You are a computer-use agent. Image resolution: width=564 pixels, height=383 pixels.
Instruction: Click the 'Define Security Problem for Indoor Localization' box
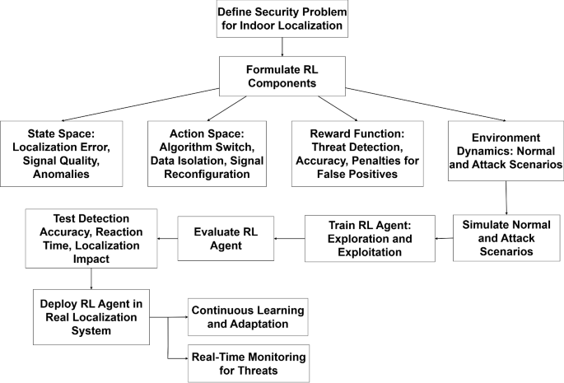pyautogui.click(x=282, y=20)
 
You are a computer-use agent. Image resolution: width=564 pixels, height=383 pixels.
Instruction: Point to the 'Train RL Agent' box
pyautogui.click(x=371, y=237)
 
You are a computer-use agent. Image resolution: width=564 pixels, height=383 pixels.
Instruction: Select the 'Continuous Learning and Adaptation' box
pyautogui.click(x=247, y=318)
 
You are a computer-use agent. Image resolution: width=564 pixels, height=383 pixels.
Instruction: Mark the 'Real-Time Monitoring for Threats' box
pyautogui.click(x=247, y=362)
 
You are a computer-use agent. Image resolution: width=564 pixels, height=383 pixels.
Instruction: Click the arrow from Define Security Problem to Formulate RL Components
pyautogui.click(x=282, y=48)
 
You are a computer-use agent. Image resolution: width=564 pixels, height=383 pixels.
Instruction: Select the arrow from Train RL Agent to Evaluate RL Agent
pyautogui.click(x=288, y=239)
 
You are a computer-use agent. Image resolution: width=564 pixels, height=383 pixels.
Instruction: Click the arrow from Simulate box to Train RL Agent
pyautogui.click(x=442, y=238)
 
